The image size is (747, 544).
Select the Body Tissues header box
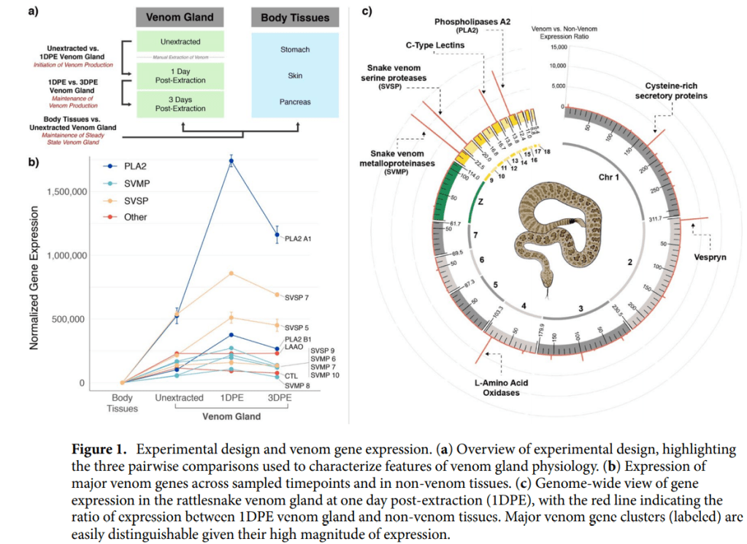click(295, 18)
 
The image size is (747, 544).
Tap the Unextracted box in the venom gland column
click(180, 42)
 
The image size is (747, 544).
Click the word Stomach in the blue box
click(295, 50)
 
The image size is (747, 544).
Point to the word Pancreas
click(295, 102)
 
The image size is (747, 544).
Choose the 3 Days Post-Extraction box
click(180, 104)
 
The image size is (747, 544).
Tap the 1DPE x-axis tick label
click(231, 398)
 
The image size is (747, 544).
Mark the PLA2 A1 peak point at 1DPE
click(231, 161)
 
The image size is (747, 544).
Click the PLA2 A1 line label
click(297, 238)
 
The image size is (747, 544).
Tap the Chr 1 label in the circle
click(609, 177)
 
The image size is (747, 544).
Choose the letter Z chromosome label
click(480, 200)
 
